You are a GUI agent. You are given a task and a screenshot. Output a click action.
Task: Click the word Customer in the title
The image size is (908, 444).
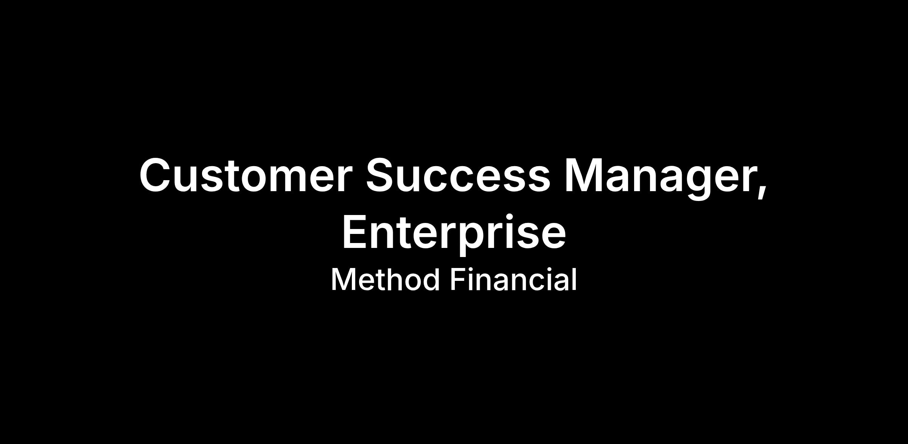tap(244, 175)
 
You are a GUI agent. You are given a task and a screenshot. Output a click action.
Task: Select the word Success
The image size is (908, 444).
tap(458, 175)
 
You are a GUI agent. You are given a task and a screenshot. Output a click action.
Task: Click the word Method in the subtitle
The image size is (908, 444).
tap(385, 279)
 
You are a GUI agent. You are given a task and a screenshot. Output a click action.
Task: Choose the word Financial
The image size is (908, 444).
tap(513, 279)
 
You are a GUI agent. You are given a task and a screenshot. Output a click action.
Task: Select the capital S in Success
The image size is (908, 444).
tap(381, 175)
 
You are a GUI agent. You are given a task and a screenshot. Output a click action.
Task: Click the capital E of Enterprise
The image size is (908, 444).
tap(356, 231)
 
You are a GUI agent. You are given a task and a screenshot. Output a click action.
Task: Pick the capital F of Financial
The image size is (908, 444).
tap(458, 279)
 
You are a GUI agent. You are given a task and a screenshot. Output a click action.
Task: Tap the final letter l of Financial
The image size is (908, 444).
tap(574, 279)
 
